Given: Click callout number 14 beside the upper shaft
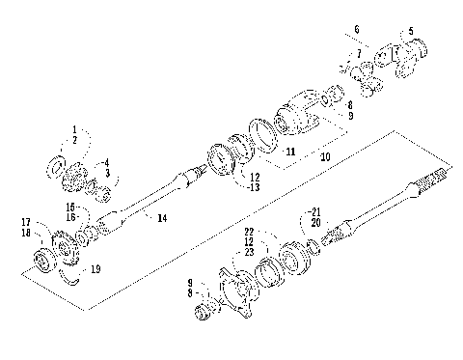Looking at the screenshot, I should (x=161, y=219).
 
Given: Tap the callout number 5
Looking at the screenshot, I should (x=411, y=31).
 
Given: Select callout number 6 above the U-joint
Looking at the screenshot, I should (x=356, y=30).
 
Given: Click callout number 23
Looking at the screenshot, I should (x=249, y=252).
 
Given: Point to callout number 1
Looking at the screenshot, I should (x=72, y=128).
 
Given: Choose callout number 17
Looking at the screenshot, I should (x=26, y=222).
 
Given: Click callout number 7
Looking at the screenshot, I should (x=359, y=52).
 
